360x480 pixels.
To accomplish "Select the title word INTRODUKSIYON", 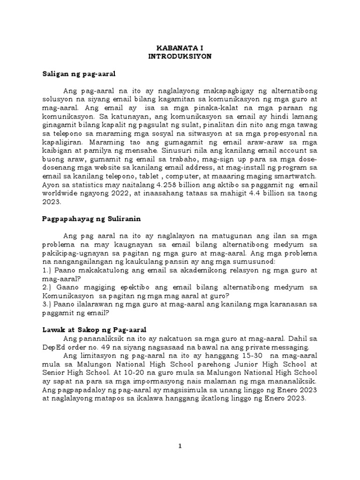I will pyautogui.click(x=180, y=56).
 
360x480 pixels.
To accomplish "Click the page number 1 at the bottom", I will pyautogui.click(x=180, y=447).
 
